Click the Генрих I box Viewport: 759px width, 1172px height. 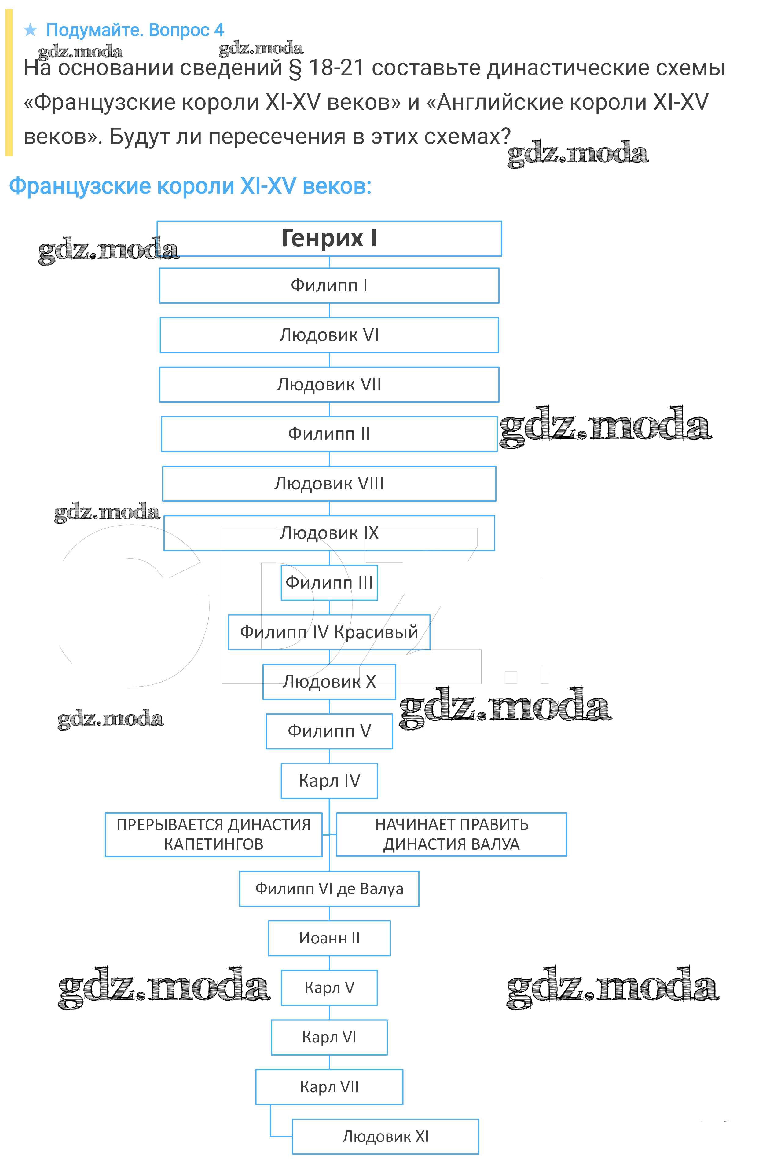click(x=329, y=238)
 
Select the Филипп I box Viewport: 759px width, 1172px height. click(x=329, y=286)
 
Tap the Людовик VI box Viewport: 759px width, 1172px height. click(x=329, y=335)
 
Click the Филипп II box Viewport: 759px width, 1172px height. click(x=329, y=434)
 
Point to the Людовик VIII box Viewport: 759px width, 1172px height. click(x=329, y=484)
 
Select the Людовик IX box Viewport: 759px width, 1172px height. click(x=329, y=533)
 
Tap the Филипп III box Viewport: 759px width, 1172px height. click(x=329, y=583)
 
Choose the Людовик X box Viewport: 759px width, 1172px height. click(x=329, y=682)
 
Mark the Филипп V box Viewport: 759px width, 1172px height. click(x=329, y=731)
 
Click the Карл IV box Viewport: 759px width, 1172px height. click(x=329, y=781)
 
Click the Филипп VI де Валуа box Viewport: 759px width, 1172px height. click(x=329, y=888)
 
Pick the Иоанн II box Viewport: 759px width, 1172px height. click(x=329, y=938)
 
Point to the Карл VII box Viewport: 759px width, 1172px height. click(x=329, y=1087)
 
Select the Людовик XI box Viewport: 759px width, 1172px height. click(x=385, y=1136)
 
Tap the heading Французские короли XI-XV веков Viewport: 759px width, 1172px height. click(x=190, y=186)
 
